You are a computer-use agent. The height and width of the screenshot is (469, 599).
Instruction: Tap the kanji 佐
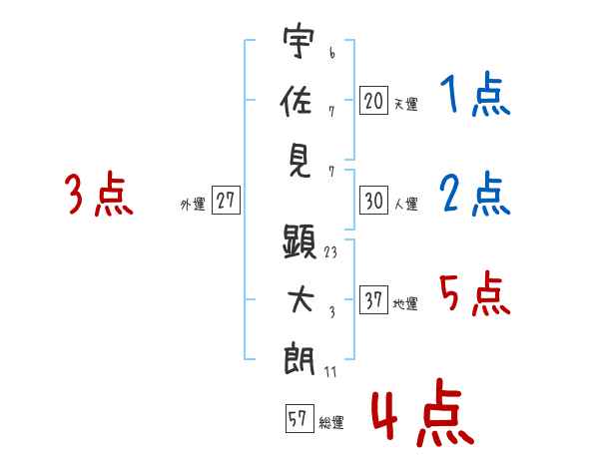(299, 102)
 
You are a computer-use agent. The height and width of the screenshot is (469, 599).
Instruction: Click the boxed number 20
(373, 101)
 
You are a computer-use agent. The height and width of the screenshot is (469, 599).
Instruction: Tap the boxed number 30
(373, 201)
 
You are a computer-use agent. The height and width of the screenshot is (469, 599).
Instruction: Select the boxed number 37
(373, 300)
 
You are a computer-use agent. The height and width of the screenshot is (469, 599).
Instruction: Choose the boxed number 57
(297, 419)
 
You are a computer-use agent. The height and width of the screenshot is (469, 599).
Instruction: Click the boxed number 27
(226, 201)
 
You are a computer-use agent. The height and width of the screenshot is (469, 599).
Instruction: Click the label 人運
(405, 204)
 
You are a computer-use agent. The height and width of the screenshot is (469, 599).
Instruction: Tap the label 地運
(405, 303)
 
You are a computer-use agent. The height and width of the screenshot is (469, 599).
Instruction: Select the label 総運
(330, 422)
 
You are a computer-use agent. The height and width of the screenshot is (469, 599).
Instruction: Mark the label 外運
(193, 204)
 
